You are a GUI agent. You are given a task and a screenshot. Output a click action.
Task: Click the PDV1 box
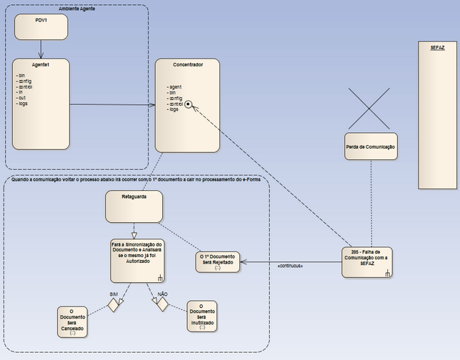[x=41, y=26]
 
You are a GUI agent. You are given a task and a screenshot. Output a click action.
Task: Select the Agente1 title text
[x=41, y=64]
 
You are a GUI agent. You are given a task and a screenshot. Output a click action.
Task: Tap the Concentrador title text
[x=188, y=65]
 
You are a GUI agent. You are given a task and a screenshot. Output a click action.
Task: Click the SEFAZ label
[x=437, y=47]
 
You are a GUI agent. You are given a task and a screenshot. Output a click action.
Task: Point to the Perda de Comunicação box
[x=371, y=146]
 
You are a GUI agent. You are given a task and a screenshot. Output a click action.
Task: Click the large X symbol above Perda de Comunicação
[x=371, y=108]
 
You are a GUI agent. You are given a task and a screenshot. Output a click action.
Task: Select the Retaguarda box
[x=134, y=206]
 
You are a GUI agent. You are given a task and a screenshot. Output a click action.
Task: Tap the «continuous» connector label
[x=289, y=266]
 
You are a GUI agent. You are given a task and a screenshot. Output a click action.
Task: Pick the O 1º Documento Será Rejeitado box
[x=216, y=261]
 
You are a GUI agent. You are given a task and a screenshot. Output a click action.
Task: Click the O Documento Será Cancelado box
[x=73, y=321]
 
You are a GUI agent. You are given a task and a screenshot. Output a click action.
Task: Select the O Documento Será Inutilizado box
[x=201, y=316]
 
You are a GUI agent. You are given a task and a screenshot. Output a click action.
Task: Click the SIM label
[x=114, y=294]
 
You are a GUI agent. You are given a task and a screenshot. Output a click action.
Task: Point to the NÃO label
[x=162, y=294]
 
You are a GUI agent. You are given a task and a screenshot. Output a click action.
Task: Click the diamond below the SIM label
[x=112, y=305]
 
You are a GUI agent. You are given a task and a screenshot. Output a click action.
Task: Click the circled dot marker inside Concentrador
[x=189, y=104]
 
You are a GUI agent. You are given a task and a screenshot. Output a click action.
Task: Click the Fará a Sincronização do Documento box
[x=138, y=259]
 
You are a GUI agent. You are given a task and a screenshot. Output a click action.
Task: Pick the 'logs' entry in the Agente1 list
[x=22, y=104]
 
